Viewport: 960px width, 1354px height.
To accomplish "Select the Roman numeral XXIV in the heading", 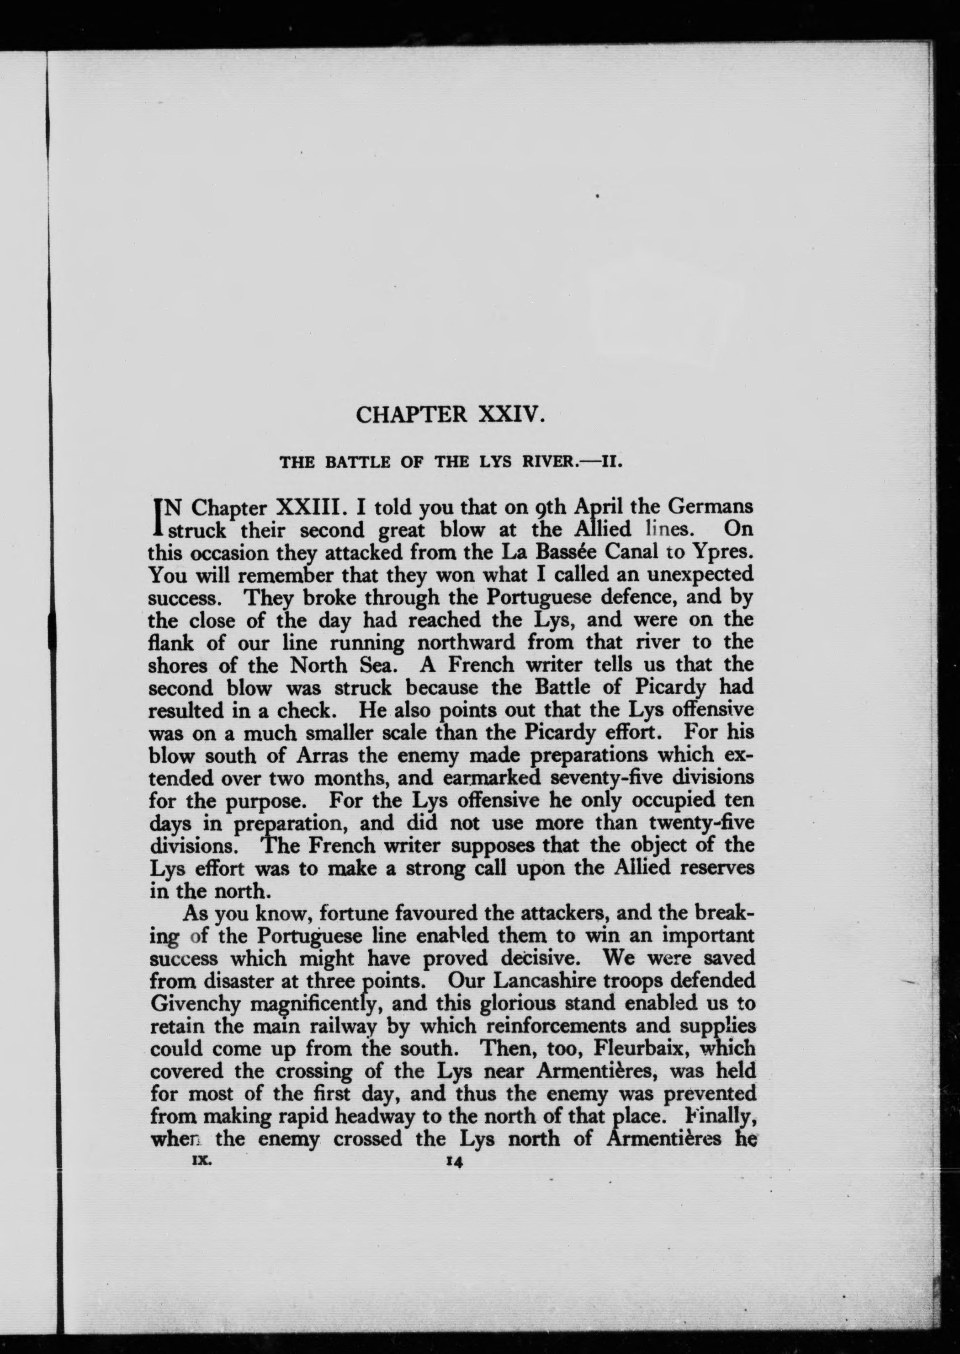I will (x=509, y=414).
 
